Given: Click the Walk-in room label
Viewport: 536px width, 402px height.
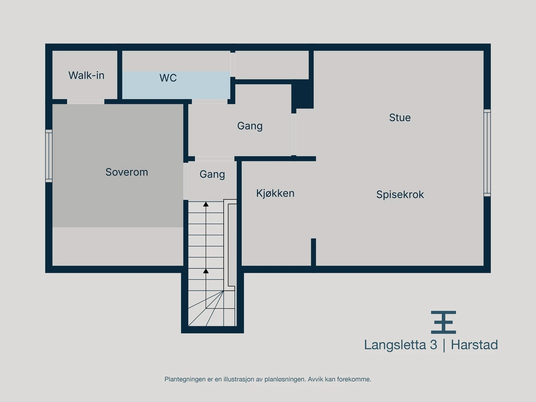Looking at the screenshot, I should tap(86, 75).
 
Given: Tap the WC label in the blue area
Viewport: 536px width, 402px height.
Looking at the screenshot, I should tap(168, 78).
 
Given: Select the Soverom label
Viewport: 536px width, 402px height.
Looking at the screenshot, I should tap(127, 172).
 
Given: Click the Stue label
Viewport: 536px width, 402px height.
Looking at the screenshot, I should tap(400, 118).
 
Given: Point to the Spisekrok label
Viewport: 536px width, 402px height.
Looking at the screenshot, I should tap(400, 195).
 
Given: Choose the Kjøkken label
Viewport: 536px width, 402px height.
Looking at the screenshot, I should tap(275, 193).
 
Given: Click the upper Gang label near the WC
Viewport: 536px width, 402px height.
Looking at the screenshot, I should tap(250, 126).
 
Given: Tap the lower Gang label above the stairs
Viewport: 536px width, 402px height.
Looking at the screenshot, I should tap(212, 174).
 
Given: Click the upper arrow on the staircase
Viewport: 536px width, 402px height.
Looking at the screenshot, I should tap(206, 204).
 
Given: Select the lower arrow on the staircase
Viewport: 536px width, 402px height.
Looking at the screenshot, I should tap(206, 271).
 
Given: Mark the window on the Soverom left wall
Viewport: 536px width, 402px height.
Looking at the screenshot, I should tap(49, 156).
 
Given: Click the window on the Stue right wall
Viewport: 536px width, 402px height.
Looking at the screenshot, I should tap(487, 153).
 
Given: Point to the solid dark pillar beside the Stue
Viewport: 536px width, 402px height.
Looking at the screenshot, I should tap(303, 94).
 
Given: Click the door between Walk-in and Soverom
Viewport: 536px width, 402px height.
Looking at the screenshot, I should tap(85, 102).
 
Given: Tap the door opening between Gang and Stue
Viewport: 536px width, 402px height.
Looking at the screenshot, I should tap(294, 134).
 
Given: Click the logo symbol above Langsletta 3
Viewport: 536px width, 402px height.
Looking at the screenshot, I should tap(443, 322).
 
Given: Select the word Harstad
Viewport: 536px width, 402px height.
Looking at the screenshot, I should tap(474, 345).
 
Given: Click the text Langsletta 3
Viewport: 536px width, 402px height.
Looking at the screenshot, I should tap(400, 345).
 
